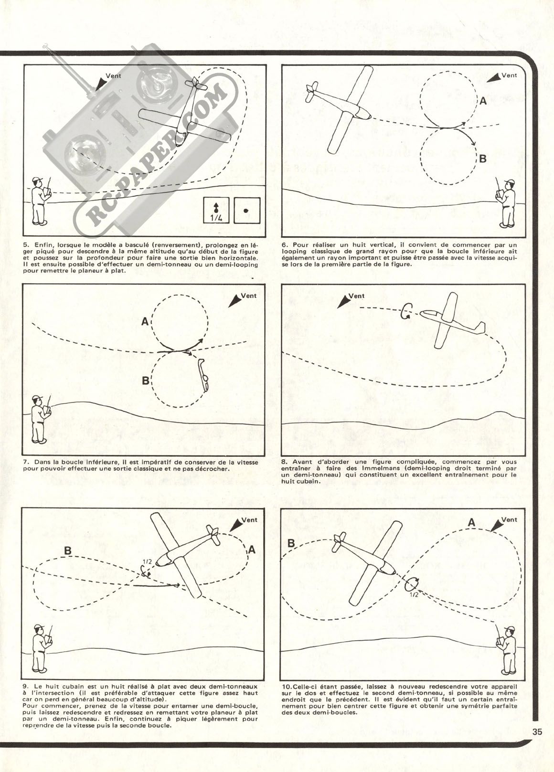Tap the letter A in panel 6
tap(483, 101)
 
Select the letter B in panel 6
tap(483, 159)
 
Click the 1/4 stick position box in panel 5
tap(216, 211)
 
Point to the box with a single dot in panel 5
tap(246, 210)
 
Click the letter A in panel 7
tap(144, 322)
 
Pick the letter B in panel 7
tap(145, 381)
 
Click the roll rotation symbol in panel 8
tap(407, 310)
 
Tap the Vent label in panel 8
tap(356, 296)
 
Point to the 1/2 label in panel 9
tap(147, 561)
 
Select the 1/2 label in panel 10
tap(414, 595)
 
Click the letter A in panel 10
tap(471, 523)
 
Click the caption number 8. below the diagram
tap(285, 462)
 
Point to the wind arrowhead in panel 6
tap(495, 77)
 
